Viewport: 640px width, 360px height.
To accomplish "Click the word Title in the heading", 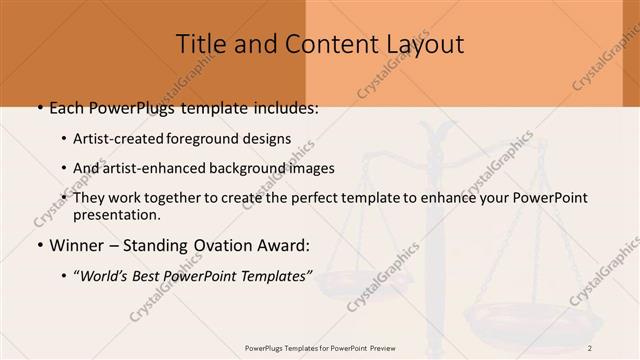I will click(199, 44).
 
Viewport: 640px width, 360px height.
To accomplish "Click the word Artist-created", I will click(119, 139).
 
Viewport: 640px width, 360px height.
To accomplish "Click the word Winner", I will click(72, 244).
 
